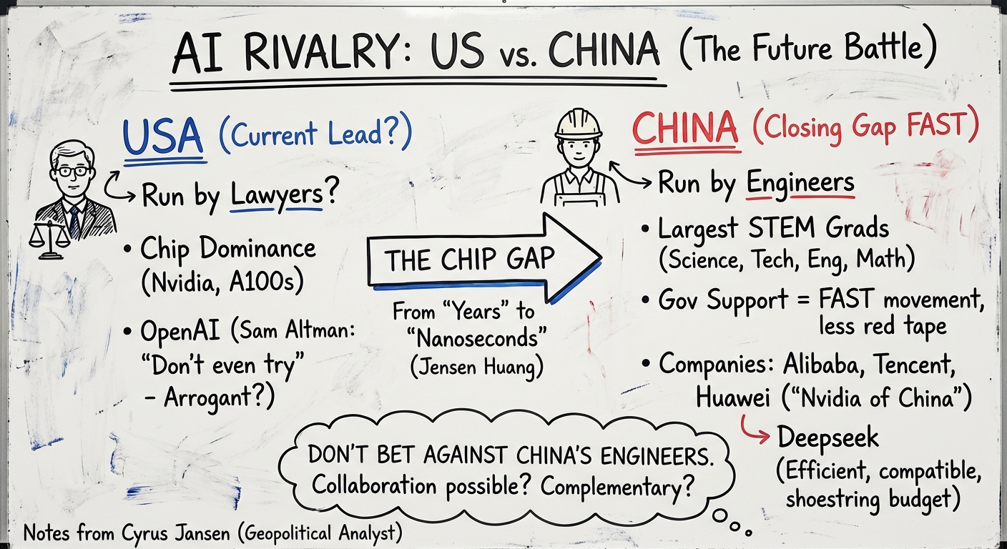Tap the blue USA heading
pyautogui.click(x=162, y=138)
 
